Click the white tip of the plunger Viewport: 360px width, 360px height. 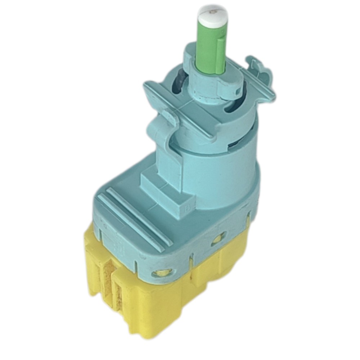[x=210, y=15]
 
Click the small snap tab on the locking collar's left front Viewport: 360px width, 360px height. [x=160, y=126]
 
